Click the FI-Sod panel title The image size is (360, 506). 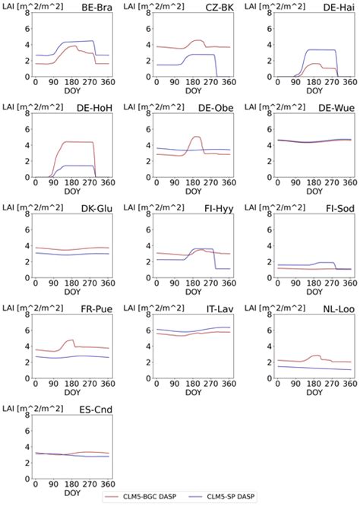coord(337,208)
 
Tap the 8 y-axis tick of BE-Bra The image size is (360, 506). coord(27,16)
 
